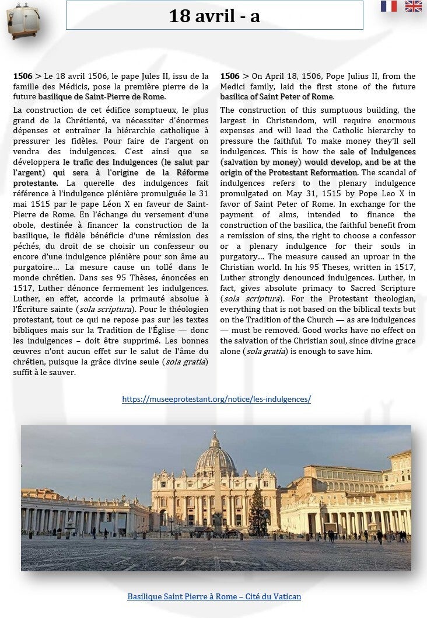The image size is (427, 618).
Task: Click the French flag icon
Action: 388,6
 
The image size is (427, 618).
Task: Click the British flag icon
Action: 413,6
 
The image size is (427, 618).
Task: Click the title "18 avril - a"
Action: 214,16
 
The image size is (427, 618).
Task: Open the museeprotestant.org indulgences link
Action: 216,400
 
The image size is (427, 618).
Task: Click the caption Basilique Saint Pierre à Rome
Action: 214,596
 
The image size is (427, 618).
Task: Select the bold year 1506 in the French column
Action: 23,76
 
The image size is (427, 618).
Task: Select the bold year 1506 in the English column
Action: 230,76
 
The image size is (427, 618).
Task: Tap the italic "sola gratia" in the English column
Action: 262,351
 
